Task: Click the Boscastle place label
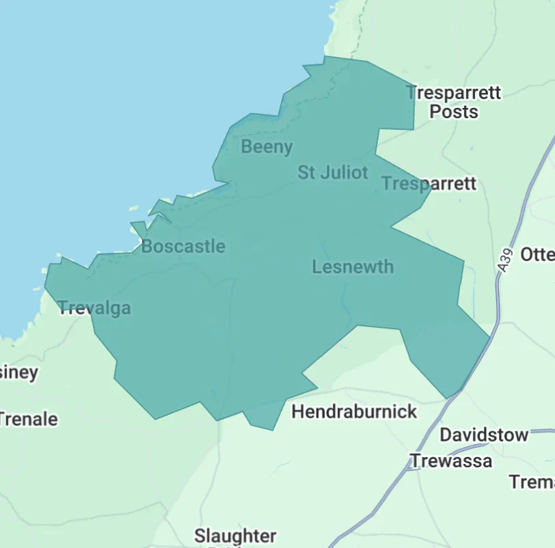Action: pos(183,246)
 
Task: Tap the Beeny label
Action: pos(267,146)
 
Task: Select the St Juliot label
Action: pos(333,172)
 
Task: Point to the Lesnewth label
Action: pos(353,266)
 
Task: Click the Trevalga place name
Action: pos(94,307)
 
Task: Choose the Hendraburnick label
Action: pos(354,411)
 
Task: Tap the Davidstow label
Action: pos(484,435)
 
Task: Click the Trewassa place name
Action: pos(451,461)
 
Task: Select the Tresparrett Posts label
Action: pos(454,101)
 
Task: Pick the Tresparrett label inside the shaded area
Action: pos(429,183)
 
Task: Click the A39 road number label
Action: pos(505,261)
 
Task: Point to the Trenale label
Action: pos(29,418)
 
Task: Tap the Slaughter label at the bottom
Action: pos(235,536)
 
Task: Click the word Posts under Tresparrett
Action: pos(454,111)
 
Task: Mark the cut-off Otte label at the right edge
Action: pos(538,254)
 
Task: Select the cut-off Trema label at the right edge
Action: pos(532,482)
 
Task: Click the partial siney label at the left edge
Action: pos(19,372)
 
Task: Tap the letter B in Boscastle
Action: pos(147,246)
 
